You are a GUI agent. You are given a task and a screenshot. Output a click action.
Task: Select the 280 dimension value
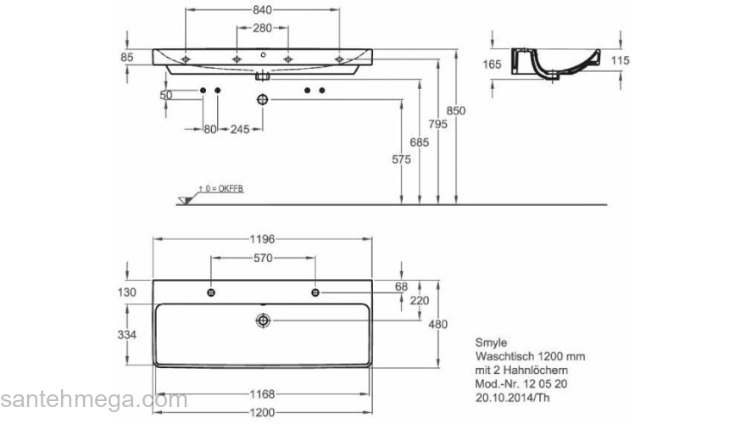click(263, 28)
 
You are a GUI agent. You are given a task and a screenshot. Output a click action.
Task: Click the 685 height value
click(419, 142)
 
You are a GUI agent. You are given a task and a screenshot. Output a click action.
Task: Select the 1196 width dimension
click(263, 239)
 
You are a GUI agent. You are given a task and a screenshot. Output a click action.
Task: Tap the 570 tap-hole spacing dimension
click(263, 258)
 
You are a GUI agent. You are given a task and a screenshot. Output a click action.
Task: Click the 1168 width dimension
click(263, 394)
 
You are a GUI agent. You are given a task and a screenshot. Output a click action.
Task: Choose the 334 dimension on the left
click(126, 336)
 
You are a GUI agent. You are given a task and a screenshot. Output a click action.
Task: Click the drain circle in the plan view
click(264, 320)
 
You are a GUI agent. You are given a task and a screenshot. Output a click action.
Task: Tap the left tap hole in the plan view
click(210, 293)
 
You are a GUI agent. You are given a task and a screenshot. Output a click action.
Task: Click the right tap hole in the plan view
click(315, 293)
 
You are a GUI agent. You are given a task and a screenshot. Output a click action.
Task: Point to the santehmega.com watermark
click(93, 399)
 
